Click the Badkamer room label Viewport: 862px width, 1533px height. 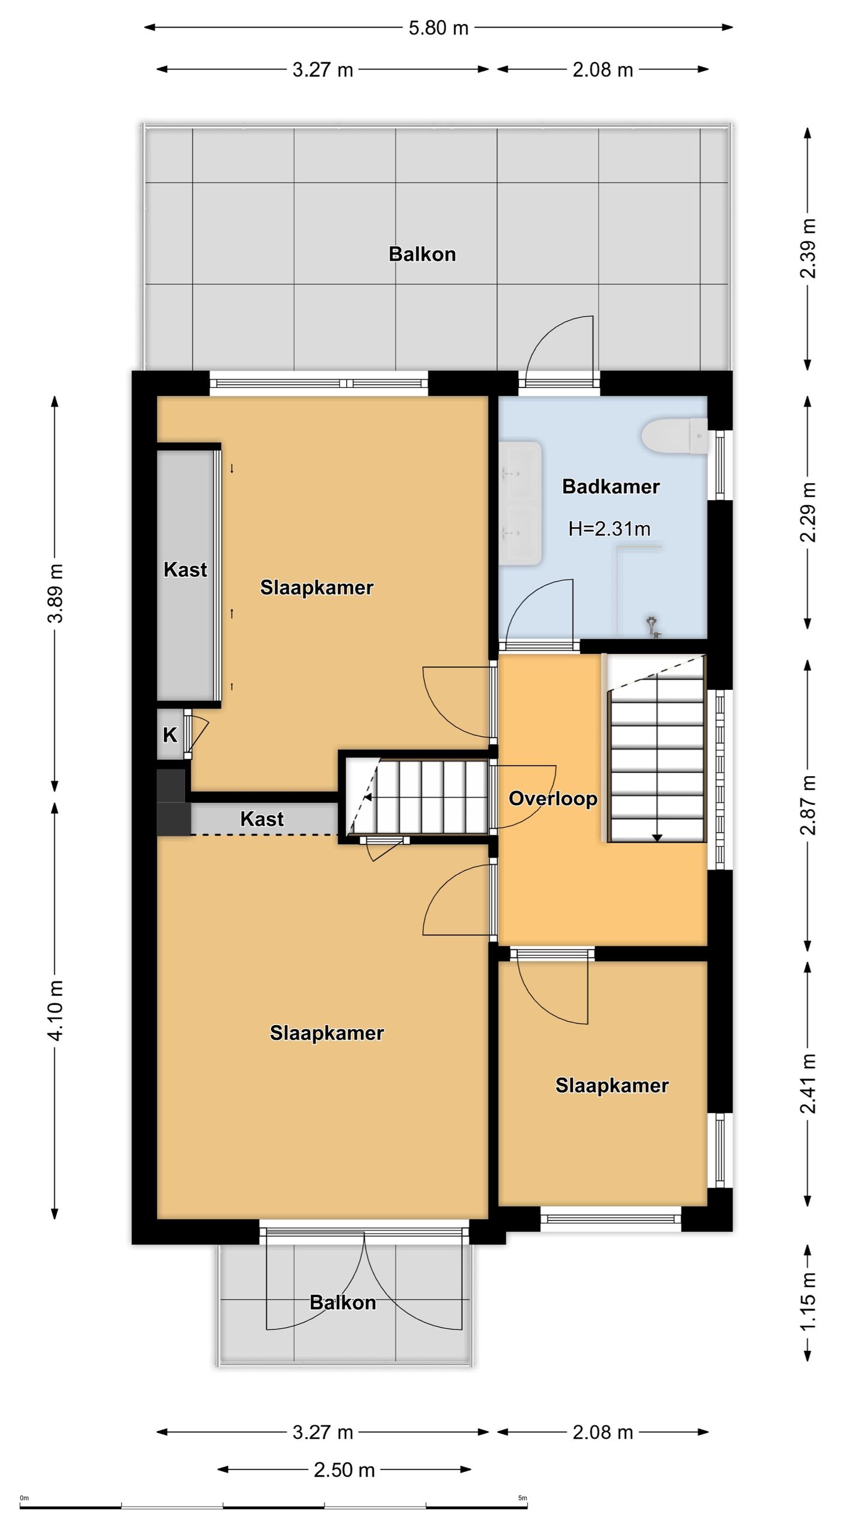[x=611, y=486]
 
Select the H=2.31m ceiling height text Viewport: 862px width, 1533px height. [x=609, y=528]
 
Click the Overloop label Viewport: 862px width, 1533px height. [x=553, y=798]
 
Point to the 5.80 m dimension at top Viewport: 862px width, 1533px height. [x=438, y=28]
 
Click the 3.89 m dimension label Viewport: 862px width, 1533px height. [x=55, y=593]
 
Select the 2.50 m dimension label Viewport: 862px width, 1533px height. [x=344, y=1470]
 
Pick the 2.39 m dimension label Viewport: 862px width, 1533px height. [x=808, y=249]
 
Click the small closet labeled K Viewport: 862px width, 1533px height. [x=171, y=734]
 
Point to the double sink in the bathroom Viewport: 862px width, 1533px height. [x=521, y=503]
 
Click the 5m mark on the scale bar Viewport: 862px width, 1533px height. [x=523, y=1498]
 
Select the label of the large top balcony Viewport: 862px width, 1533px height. [x=422, y=254]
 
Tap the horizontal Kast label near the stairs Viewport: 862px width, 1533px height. [x=262, y=819]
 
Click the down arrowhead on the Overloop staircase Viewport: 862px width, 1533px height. [x=657, y=838]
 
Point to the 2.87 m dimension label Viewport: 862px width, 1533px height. [x=808, y=804]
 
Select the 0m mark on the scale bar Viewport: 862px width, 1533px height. [x=24, y=1498]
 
